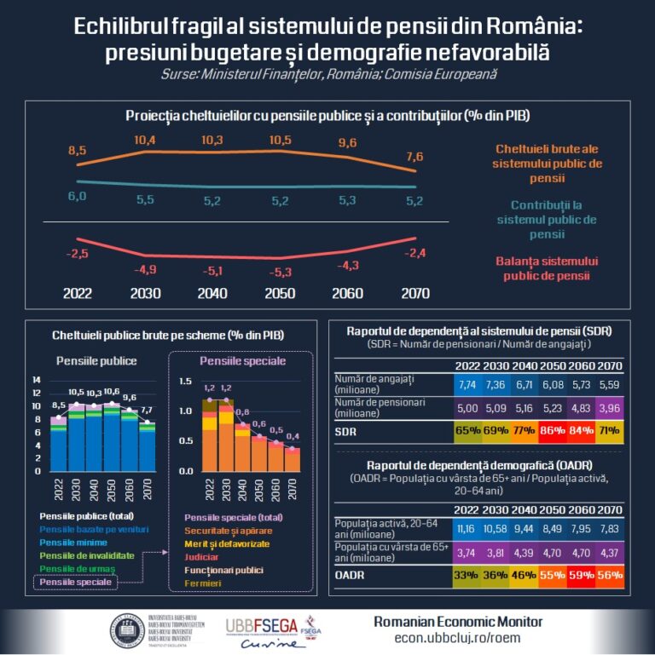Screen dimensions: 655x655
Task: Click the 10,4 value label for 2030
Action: [x=144, y=140]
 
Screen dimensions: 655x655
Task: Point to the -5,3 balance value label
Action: [x=279, y=273]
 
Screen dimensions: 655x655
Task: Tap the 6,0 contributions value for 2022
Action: [x=78, y=197]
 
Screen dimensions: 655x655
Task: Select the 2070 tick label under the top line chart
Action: [x=414, y=293]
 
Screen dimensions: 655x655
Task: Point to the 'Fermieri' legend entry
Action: [x=204, y=583]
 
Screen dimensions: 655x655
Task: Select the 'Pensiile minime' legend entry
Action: [x=72, y=543]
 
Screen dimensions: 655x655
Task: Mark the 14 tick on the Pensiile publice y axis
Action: [x=36, y=379]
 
